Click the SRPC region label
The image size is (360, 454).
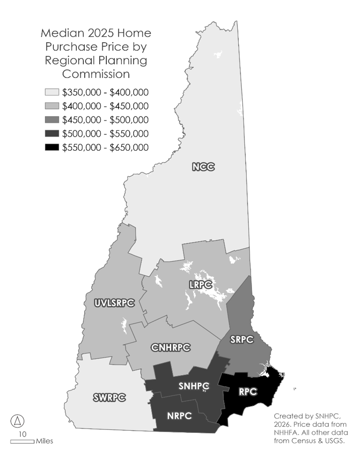pyautogui.click(x=242, y=339)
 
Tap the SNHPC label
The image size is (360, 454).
pyautogui.click(x=193, y=386)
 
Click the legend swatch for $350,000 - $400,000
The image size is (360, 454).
pyautogui.click(x=52, y=93)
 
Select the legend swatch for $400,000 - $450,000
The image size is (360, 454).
pyautogui.click(x=52, y=106)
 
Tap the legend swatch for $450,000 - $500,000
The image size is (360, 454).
pyautogui.click(x=52, y=120)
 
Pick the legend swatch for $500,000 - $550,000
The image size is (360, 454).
pyautogui.click(x=52, y=134)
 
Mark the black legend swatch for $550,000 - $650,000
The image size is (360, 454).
pyautogui.click(x=52, y=147)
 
